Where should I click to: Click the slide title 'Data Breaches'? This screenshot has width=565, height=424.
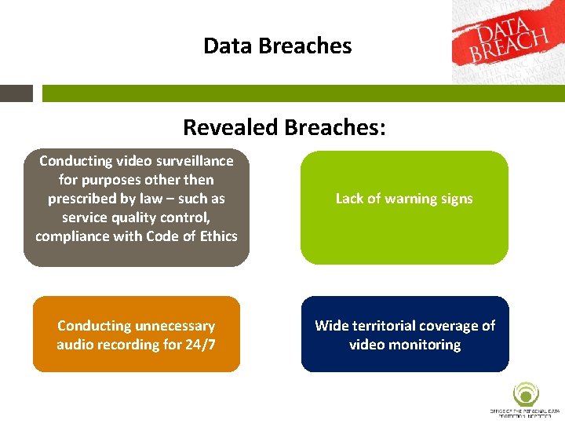277,46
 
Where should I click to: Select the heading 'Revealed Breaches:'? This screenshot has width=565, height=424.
284,126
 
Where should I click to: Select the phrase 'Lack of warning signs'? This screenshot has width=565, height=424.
404,199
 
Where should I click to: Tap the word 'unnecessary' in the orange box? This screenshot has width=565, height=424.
175,326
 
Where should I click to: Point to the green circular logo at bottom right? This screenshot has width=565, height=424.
525,394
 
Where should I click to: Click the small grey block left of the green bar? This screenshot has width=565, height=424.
16,93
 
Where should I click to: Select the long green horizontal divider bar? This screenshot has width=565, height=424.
303,93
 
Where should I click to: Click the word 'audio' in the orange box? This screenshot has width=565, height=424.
78,345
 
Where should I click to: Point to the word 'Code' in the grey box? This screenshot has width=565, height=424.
155,236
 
